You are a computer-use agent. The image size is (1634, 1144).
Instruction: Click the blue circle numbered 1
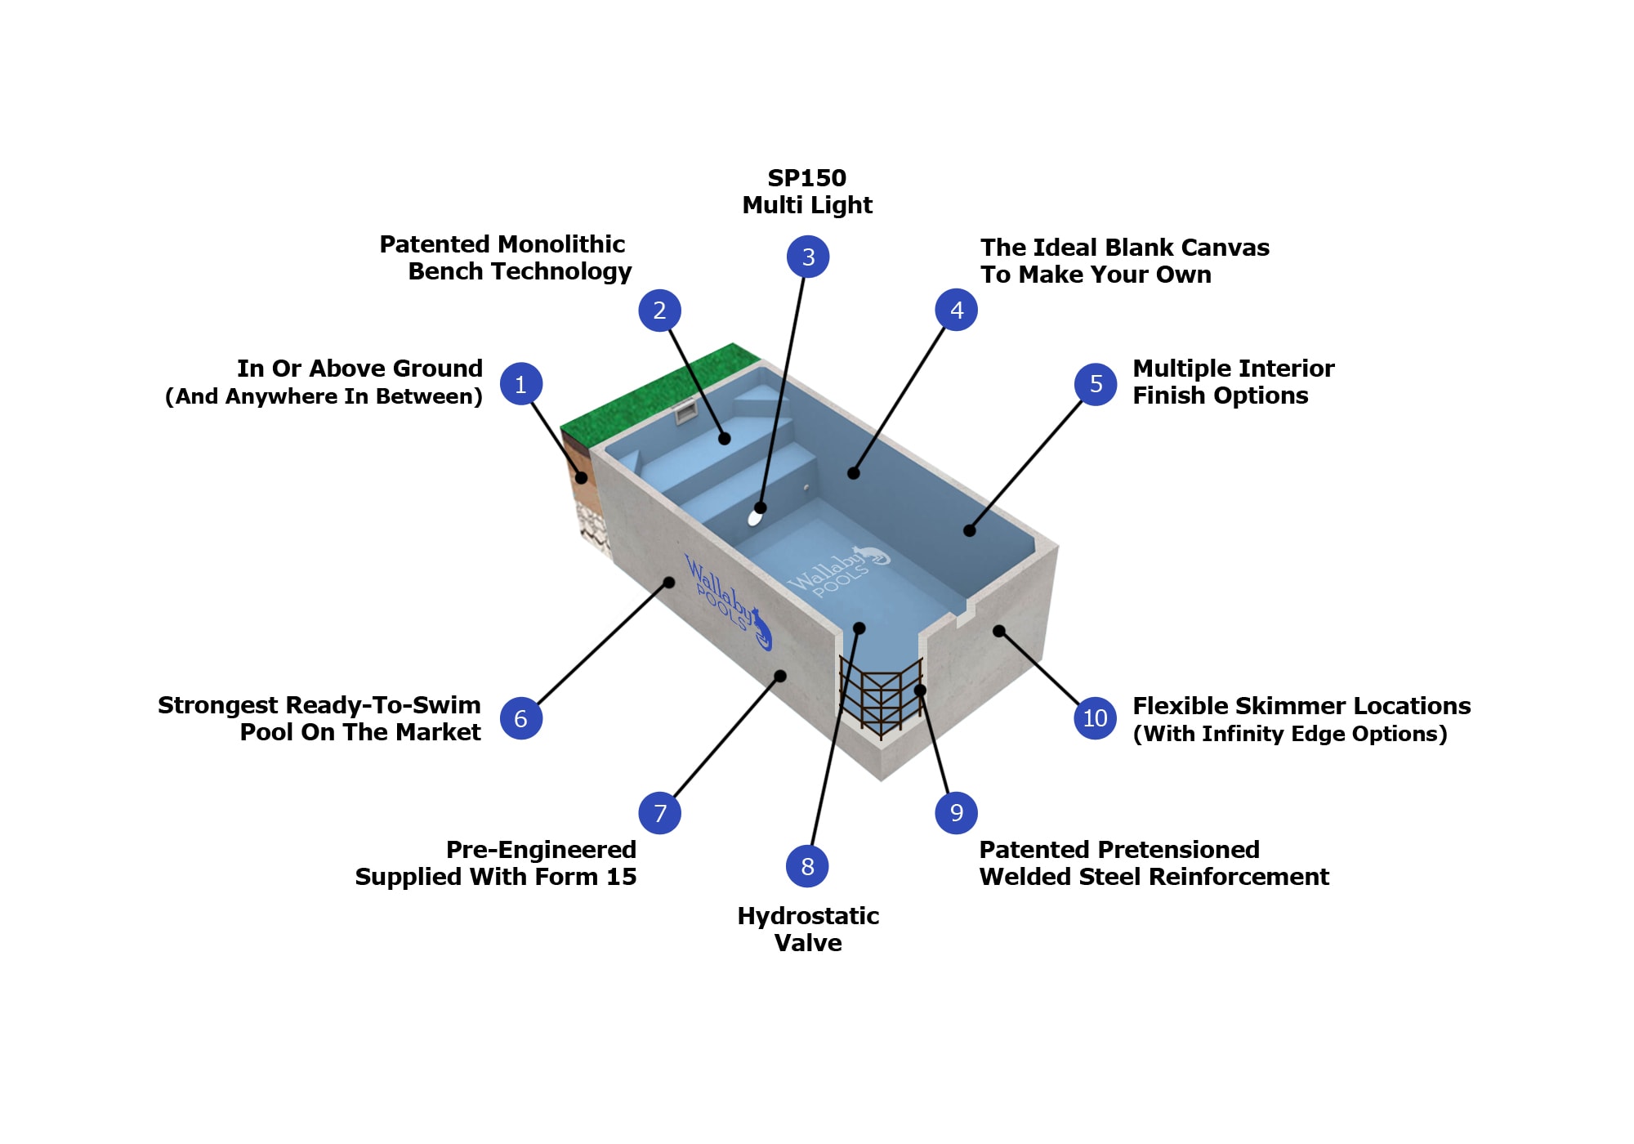(x=521, y=384)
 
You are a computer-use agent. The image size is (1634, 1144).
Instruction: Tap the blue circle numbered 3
(x=808, y=257)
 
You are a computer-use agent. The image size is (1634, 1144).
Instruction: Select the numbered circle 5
(x=1096, y=384)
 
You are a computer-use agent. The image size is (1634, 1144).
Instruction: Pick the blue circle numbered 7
(x=660, y=813)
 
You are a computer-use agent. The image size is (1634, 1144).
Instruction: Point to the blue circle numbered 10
(x=1095, y=718)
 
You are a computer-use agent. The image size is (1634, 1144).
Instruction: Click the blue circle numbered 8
(x=807, y=866)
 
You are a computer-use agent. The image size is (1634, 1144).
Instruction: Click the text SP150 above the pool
(x=806, y=178)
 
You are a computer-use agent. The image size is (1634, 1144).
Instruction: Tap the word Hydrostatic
(x=808, y=916)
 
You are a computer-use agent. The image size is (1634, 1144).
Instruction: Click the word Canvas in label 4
(x=1224, y=248)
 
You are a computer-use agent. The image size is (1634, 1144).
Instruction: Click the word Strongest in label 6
(x=217, y=705)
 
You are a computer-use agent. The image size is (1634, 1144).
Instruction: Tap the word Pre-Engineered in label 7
(x=541, y=850)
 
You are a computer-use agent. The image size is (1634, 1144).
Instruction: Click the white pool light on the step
(x=755, y=517)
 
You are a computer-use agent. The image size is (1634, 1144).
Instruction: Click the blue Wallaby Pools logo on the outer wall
(x=727, y=603)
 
